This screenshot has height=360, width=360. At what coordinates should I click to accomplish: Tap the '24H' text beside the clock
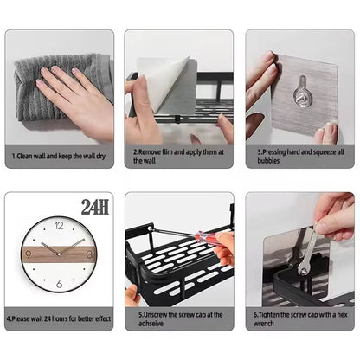tap(95, 207)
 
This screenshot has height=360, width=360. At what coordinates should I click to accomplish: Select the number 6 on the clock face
tap(58, 284)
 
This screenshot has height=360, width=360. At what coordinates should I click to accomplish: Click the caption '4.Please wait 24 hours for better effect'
tap(59, 318)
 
